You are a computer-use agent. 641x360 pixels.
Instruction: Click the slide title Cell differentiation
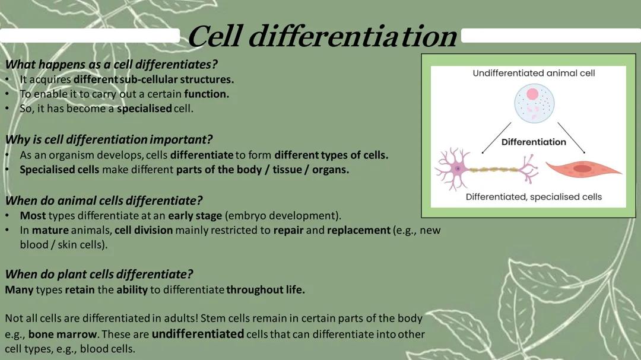(x=322, y=37)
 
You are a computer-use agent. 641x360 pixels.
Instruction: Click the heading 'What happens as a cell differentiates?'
(x=112, y=64)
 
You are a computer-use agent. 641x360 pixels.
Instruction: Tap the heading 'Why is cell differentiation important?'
(x=109, y=140)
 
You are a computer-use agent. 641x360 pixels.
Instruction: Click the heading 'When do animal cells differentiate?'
(x=104, y=200)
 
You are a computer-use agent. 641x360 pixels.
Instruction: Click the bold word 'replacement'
(x=358, y=230)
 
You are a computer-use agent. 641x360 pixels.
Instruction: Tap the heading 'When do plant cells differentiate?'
(x=99, y=274)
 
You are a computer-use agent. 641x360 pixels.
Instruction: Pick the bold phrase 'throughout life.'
(x=265, y=290)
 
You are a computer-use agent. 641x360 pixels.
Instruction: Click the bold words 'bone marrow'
(x=62, y=334)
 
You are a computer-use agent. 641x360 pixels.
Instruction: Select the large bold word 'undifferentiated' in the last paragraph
(x=198, y=334)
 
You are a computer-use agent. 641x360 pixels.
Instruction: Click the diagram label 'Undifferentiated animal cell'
(x=534, y=73)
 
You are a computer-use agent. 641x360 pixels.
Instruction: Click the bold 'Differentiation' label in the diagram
(x=534, y=142)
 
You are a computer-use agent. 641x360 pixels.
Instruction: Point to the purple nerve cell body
(x=457, y=168)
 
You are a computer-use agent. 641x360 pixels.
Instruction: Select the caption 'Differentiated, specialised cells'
(x=534, y=197)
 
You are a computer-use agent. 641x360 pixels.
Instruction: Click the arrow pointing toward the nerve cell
(x=496, y=138)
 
